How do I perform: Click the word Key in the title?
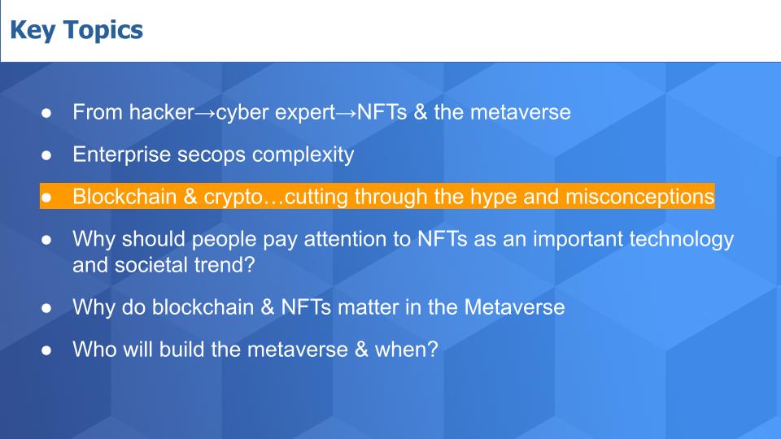(33, 30)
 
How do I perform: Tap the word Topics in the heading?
(103, 30)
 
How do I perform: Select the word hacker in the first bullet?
(161, 112)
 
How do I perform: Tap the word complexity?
(303, 154)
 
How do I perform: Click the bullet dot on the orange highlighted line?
(46, 198)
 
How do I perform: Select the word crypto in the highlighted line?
(233, 198)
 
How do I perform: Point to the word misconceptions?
(640, 197)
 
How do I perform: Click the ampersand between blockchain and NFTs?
(268, 307)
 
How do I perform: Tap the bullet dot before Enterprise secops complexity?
(46, 155)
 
